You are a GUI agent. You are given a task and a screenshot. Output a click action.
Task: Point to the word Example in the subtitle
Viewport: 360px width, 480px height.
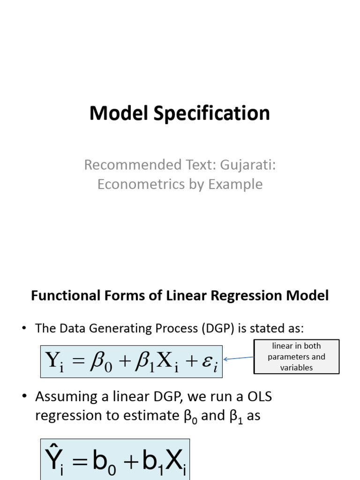[x=235, y=184]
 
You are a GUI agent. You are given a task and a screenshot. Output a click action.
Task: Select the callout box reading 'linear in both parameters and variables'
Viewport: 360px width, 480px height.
[x=296, y=357]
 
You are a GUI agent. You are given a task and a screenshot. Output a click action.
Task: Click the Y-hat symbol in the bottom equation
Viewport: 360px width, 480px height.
[x=54, y=460]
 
